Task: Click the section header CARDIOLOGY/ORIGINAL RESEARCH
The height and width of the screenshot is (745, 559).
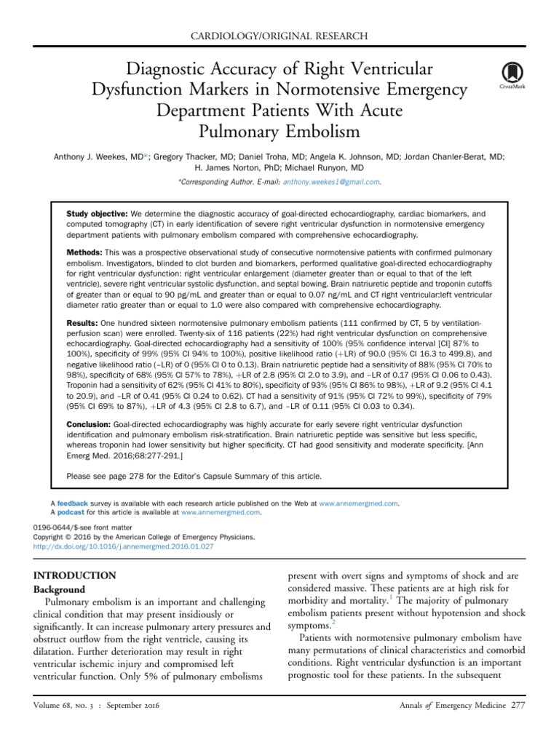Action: click(x=279, y=36)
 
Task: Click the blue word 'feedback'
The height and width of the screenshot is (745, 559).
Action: click(x=73, y=503)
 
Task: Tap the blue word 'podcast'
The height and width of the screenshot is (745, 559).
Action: click(x=71, y=512)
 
